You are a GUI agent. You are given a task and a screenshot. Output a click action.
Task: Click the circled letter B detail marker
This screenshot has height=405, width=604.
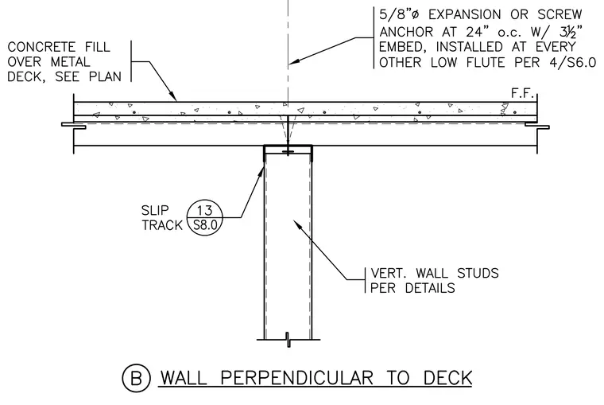[x=136, y=378]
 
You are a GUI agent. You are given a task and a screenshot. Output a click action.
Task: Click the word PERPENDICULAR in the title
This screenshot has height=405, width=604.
[x=297, y=378]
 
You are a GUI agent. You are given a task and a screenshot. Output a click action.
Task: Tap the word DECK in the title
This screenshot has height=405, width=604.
[x=447, y=378]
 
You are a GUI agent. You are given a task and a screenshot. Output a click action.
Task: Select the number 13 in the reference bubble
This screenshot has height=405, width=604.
[x=204, y=211]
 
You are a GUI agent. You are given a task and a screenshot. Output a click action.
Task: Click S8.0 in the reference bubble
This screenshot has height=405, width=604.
[x=205, y=225]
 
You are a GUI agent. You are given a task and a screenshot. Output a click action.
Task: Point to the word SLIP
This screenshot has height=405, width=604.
[x=155, y=211]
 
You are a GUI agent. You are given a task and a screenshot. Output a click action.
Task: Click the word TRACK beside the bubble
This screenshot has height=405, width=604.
[x=162, y=225]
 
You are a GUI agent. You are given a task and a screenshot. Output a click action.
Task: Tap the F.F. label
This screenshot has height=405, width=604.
[x=523, y=93]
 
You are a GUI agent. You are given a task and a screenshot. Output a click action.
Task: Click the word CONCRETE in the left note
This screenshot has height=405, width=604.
[x=41, y=47]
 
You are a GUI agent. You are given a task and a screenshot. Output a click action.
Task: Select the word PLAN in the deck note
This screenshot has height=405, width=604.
[x=105, y=76]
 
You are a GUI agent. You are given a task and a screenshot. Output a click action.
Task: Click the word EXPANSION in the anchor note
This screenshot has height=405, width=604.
[x=465, y=14]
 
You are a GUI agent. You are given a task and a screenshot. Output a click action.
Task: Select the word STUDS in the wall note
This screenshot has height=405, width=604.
[x=478, y=273]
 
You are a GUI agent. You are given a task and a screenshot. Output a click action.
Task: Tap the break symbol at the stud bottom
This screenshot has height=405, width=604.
[x=288, y=340]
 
